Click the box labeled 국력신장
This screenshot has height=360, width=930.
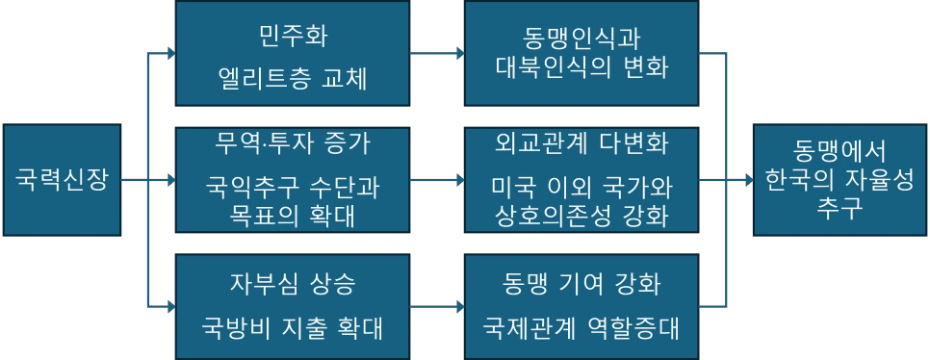pyautogui.click(x=64, y=179)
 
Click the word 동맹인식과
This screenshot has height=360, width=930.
pyautogui.click(x=581, y=41)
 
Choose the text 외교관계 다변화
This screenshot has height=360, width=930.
pyautogui.click(x=581, y=144)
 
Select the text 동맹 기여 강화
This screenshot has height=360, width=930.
pyautogui.click(x=581, y=284)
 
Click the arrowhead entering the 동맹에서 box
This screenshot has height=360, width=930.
pyautogui.click(x=747, y=179)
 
